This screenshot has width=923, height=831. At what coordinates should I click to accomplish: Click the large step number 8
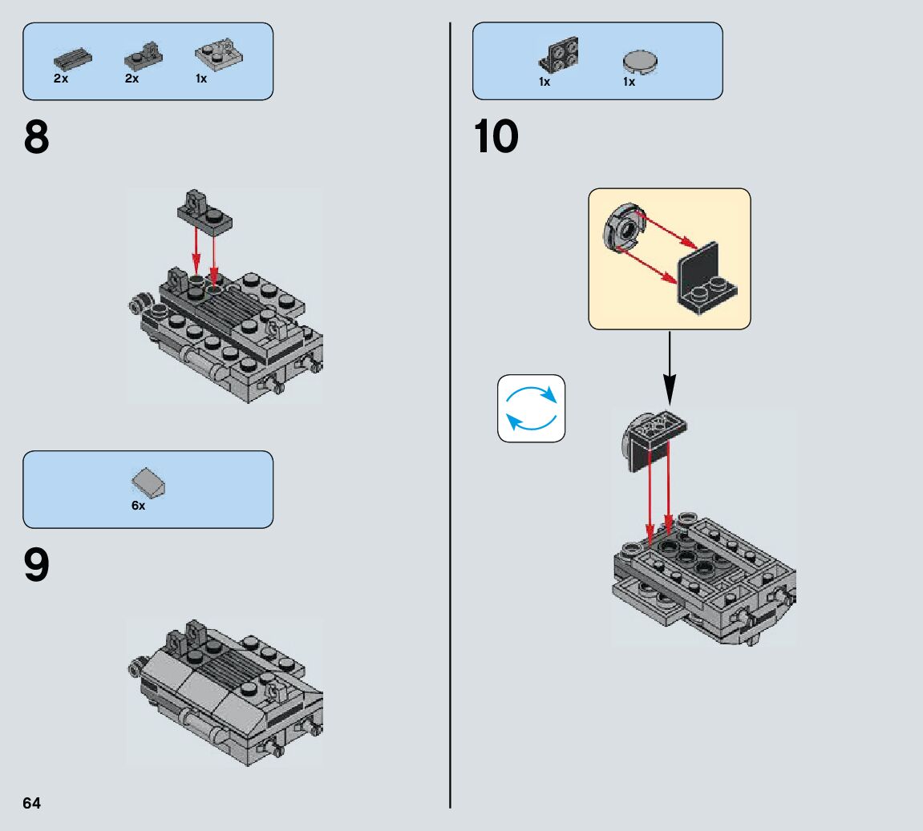click(37, 138)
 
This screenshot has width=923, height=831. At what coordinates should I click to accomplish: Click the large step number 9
click(37, 566)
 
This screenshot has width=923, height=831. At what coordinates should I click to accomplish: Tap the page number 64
click(32, 803)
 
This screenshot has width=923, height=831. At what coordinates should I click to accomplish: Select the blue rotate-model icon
click(531, 409)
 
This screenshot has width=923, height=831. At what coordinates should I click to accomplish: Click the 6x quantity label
click(139, 506)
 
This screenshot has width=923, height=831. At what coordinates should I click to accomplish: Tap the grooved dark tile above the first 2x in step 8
click(72, 58)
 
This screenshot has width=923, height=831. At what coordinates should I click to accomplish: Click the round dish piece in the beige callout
click(621, 229)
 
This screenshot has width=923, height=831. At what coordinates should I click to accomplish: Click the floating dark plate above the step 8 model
click(205, 212)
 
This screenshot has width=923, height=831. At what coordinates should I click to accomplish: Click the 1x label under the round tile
click(629, 82)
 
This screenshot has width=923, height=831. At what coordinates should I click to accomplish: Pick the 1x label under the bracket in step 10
click(544, 82)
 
